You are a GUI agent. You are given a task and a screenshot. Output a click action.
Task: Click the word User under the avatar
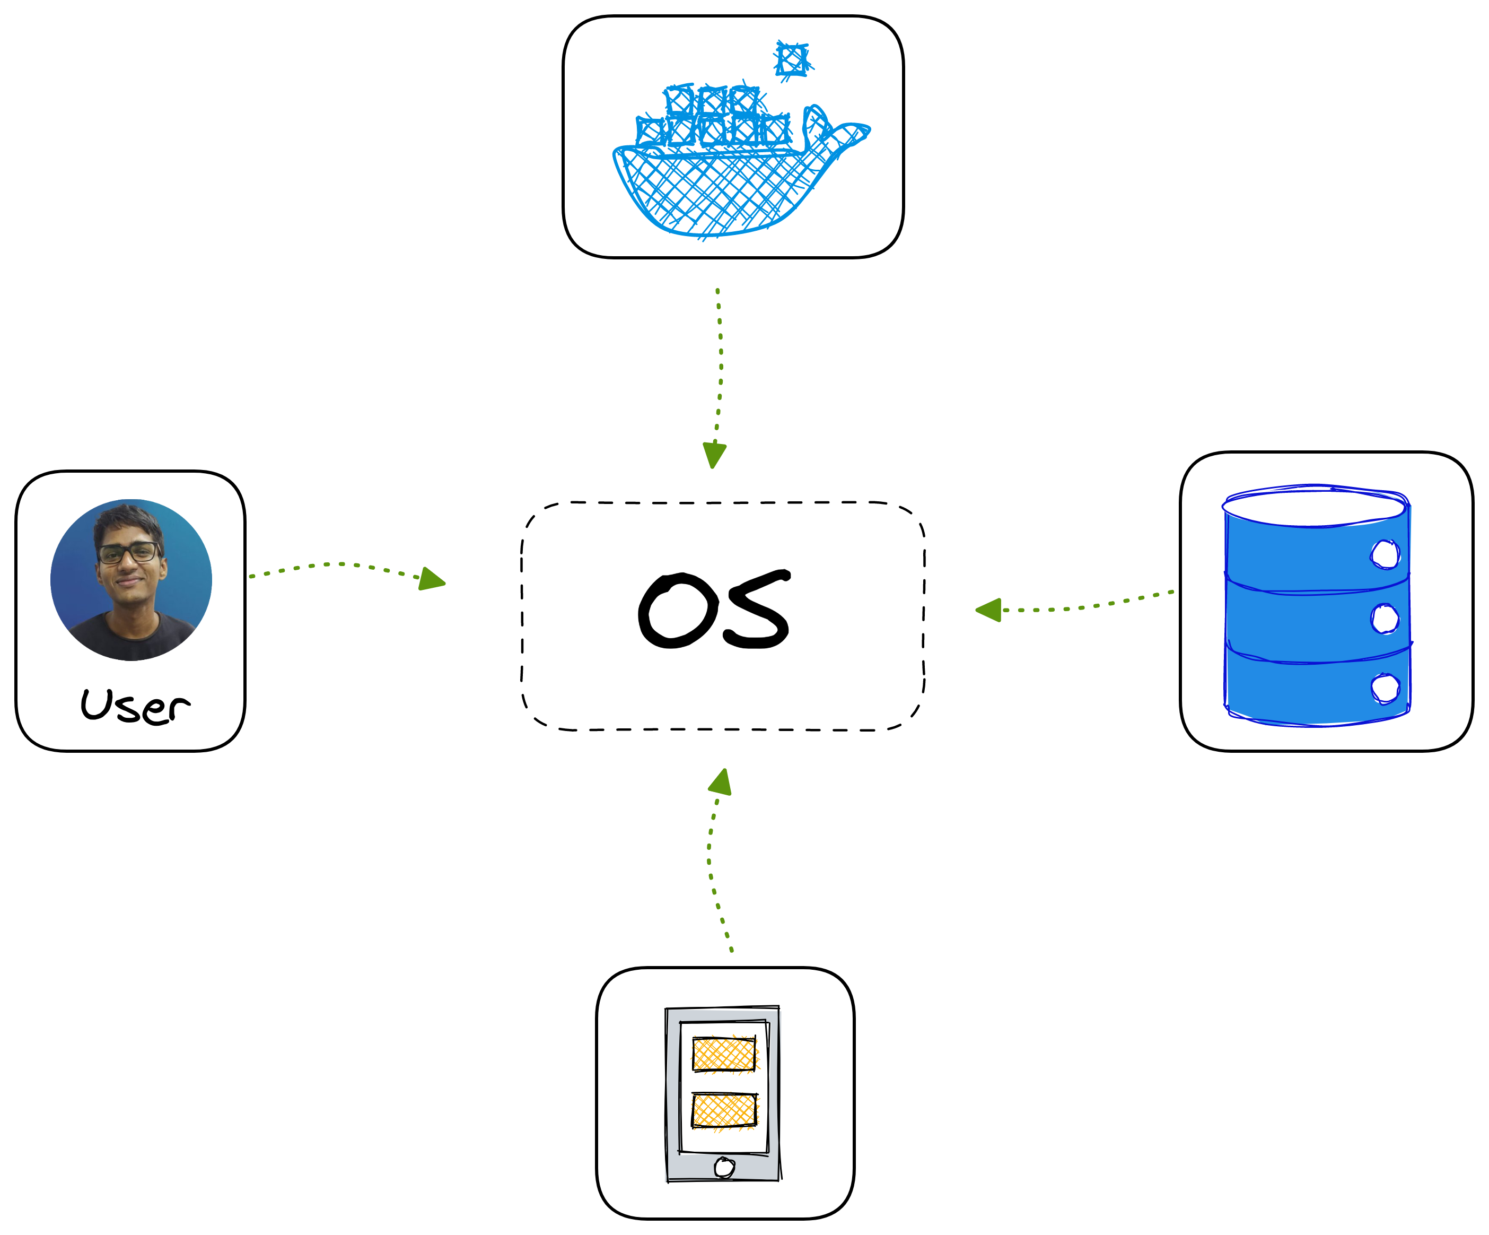coord(135,707)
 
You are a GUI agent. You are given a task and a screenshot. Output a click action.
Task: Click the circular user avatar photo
coord(131,580)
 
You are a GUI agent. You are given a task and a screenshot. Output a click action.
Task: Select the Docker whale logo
coord(741,142)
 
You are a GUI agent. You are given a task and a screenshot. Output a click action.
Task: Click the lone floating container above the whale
coord(793,59)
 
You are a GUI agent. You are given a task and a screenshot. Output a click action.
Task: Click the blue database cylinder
coord(1317,605)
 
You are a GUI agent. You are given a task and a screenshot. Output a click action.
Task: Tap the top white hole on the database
coord(1385,554)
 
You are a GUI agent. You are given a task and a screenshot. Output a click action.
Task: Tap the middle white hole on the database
coord(1385,618)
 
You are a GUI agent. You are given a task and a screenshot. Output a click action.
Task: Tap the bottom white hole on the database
coord(1385,688)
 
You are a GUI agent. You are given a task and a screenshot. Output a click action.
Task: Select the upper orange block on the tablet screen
coord(724,1054)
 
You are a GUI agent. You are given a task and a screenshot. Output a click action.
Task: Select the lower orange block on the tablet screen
coord(724,1110)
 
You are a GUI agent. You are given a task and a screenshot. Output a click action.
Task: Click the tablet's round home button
coord(724,1167)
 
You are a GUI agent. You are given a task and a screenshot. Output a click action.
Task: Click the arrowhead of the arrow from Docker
coord(714,455)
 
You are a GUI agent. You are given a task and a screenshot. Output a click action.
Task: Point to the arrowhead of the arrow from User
coord(431,579)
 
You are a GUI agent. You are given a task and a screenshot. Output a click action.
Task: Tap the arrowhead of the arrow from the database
coord(988,610)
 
